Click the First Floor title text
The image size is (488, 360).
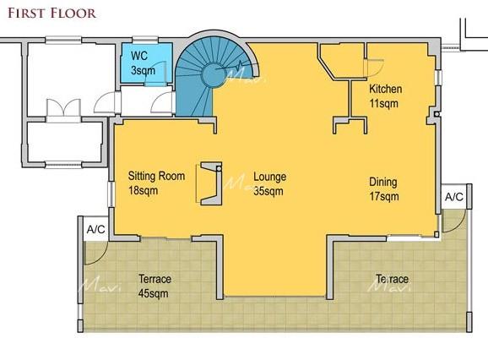pos(52,13)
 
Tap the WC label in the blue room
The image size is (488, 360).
pos(138,57)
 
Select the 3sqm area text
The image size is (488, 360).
pos(143,70)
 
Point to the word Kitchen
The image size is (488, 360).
pos(385,90)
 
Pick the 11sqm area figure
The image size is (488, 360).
pos(383,103)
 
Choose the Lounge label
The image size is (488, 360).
pos(269,177)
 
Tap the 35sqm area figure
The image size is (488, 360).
pos(267,191)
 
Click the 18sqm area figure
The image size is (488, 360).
pos(143,190)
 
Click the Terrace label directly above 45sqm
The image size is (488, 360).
pos(155,279)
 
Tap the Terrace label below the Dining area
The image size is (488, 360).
pos(392,279)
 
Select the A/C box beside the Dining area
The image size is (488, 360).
pos(453,197)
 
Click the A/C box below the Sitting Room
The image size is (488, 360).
pos(95,228)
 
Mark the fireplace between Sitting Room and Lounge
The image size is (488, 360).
pos(209,183)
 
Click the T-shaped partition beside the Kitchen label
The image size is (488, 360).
pos(350,106)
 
